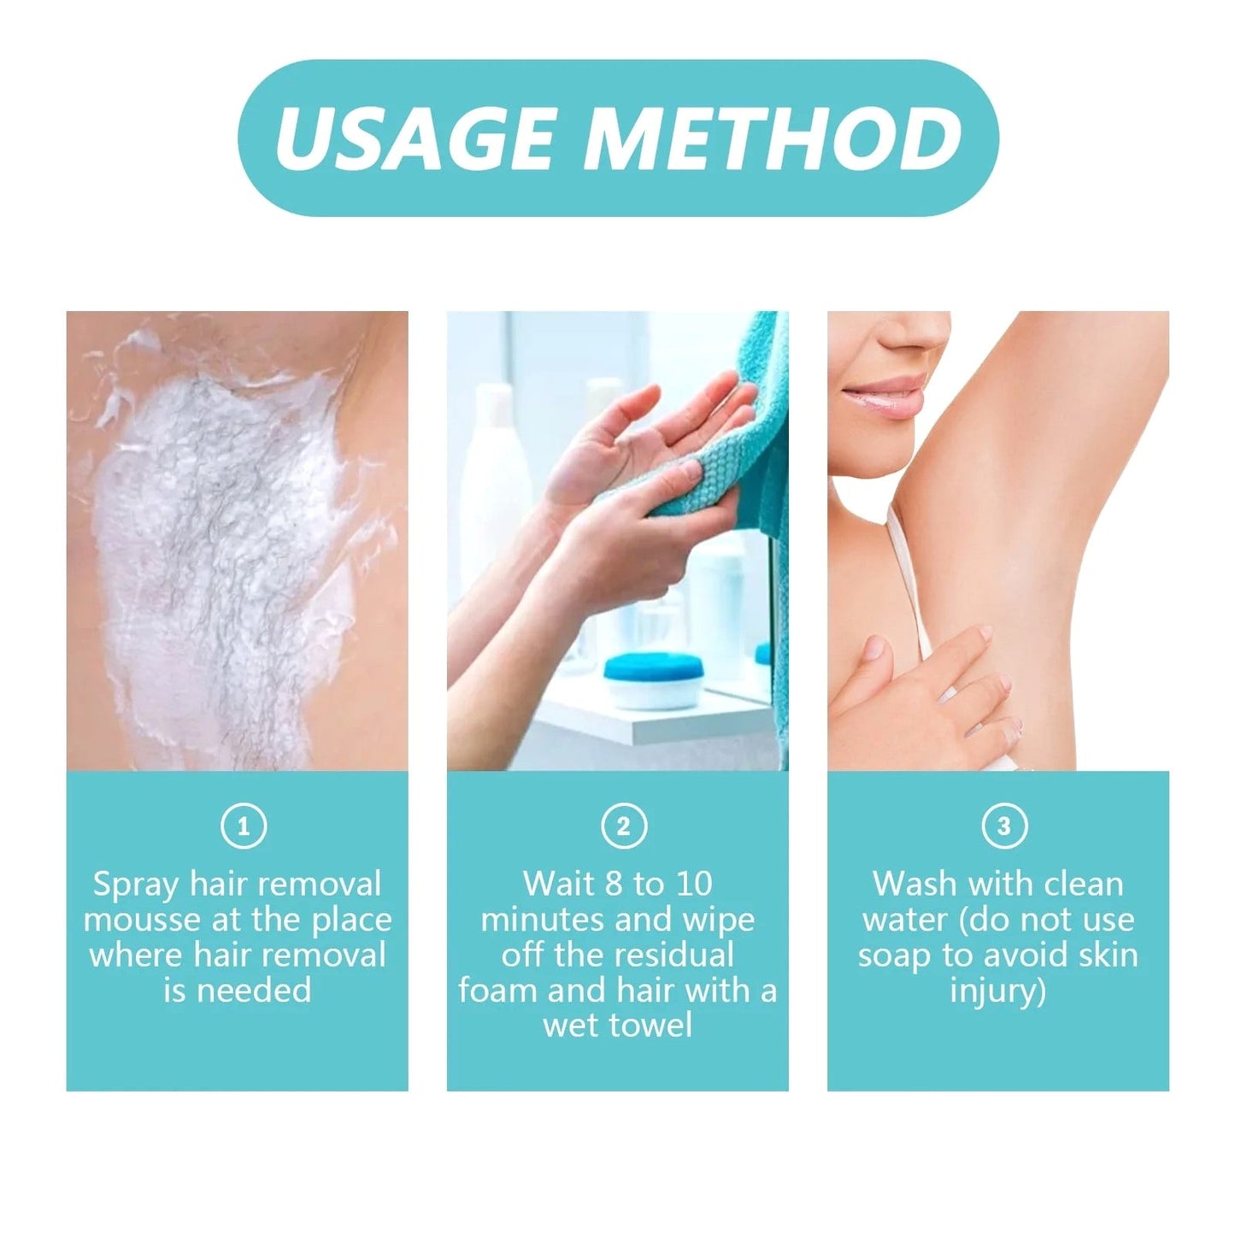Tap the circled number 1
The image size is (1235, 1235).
point(244,826)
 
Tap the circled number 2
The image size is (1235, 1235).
point(623,826)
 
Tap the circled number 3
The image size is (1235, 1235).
point(1003,826)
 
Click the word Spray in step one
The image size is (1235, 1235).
point(136,885)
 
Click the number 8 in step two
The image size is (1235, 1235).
point(613,884)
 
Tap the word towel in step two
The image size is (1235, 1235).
point(650,1026)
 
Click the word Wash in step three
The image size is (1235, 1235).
point(912,884)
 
